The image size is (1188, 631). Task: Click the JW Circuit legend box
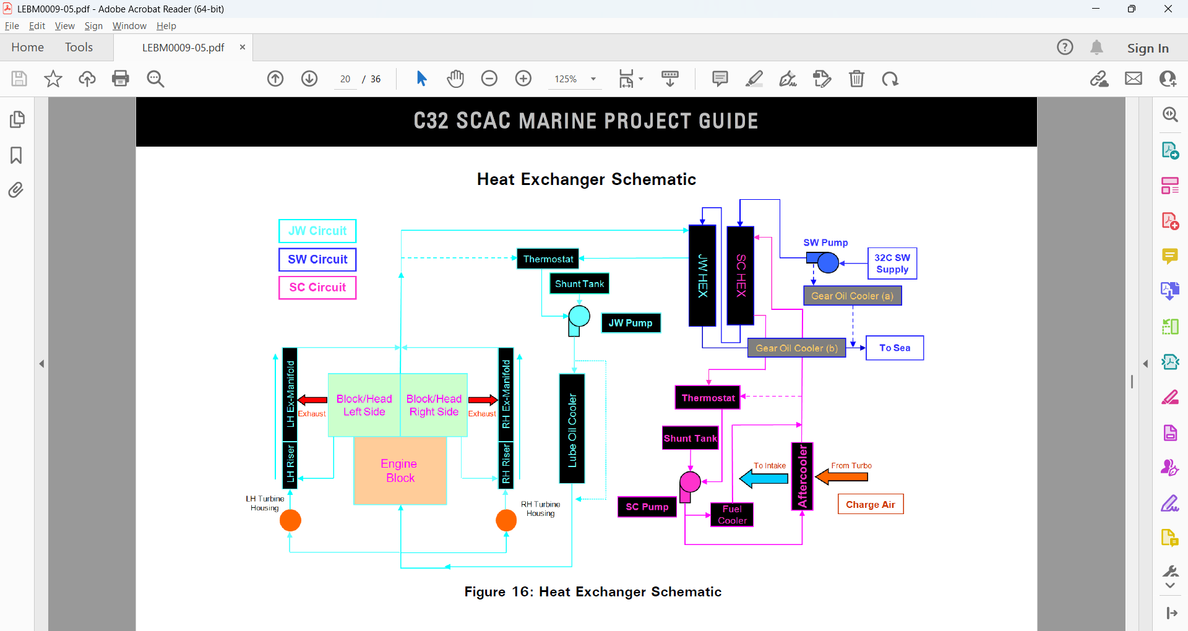(317, 231)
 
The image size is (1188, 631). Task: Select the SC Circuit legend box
(317, 287)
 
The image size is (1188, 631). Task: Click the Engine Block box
(400, 471)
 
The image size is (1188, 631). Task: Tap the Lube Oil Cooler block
(572, 429)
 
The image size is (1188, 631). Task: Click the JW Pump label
(631, 323)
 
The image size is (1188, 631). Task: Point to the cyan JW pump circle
(579, 316)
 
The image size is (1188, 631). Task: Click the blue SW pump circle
(828, 263)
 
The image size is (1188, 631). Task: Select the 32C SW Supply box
(892, 264)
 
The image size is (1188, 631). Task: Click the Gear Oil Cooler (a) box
(853, 296)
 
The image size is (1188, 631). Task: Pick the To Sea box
(895, 348)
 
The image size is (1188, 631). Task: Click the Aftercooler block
(803, 476)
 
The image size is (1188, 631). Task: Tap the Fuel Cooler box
(732, 515)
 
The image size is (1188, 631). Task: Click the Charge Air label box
(871, 504)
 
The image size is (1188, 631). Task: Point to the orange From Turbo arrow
(841, 477)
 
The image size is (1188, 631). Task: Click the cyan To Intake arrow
(764, 478)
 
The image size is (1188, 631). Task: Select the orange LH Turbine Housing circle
(290, 520)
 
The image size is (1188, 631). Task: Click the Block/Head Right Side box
(434, 405)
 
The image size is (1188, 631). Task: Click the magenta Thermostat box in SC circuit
(708, 398)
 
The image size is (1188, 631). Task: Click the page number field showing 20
(345, 79)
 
